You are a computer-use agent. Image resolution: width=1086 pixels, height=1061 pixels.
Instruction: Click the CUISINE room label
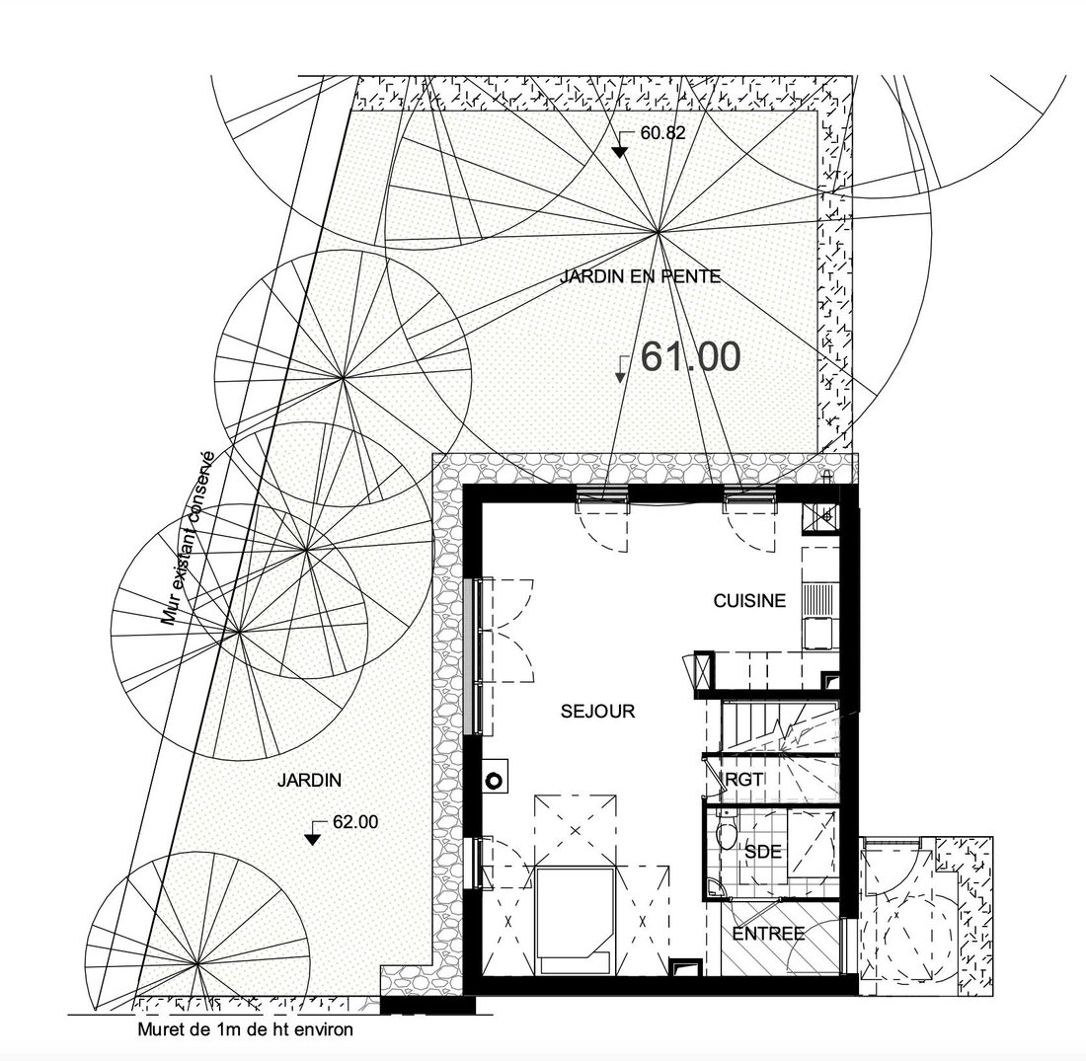click(749, 600)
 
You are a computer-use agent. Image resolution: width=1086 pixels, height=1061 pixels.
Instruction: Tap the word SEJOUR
click(597, 710)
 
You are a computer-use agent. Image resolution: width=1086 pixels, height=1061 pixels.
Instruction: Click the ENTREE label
click(769, 933)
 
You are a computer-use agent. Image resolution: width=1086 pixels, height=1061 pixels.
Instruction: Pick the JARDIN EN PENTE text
click(639, 277)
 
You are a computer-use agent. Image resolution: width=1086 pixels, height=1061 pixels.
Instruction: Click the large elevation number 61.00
click(690, 357)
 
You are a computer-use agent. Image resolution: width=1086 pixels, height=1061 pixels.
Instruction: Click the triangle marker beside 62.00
click(314, 837)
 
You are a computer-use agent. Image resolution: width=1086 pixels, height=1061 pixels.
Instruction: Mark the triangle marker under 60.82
click(619, 151)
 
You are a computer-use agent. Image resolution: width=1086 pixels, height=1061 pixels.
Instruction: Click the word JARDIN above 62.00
click(308, 780)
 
